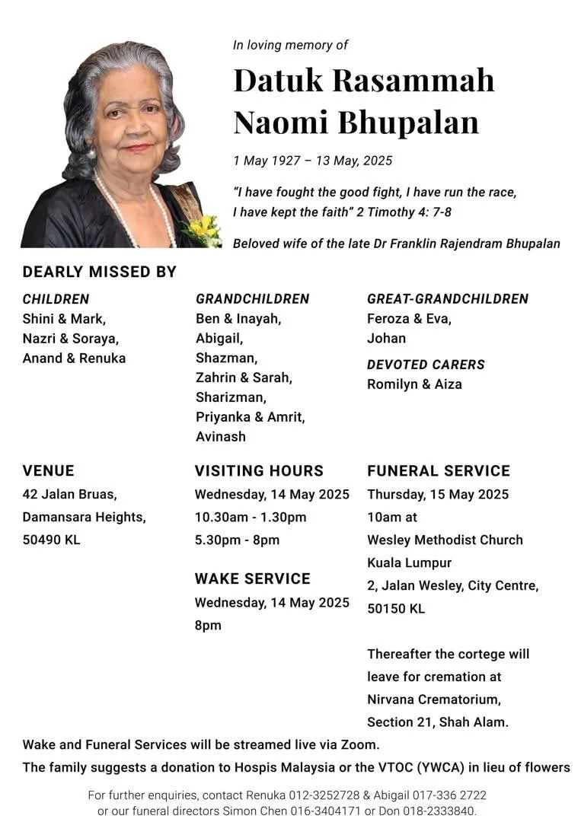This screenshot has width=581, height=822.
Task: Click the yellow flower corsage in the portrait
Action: [x=203, y=230]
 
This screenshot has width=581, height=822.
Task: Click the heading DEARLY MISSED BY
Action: [x=99, y=272]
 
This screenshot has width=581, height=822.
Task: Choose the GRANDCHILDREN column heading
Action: [x=252, y=299]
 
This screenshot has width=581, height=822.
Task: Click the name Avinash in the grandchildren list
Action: [x=221, y=437]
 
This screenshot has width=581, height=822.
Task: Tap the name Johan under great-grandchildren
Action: [x=386, y=338]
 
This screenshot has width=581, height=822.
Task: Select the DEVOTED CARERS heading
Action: [x=426, y=365]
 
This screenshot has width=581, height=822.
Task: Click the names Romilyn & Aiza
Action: [x=414, y=384]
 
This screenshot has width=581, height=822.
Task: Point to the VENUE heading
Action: [x=49, y=471]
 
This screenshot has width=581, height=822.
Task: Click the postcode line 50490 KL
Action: [x=52, y=540]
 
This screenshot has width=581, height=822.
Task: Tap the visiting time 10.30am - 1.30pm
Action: [x=251, y=518]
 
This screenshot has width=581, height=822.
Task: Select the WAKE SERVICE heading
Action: [x=252, y=579]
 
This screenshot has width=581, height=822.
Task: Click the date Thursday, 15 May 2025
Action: [x=438, y=495]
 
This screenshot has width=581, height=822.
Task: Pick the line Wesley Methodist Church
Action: [x=445, y=540]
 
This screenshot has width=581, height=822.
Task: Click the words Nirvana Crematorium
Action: [x=434, y=699]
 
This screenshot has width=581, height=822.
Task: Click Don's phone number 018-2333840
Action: [x=440, y=811]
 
